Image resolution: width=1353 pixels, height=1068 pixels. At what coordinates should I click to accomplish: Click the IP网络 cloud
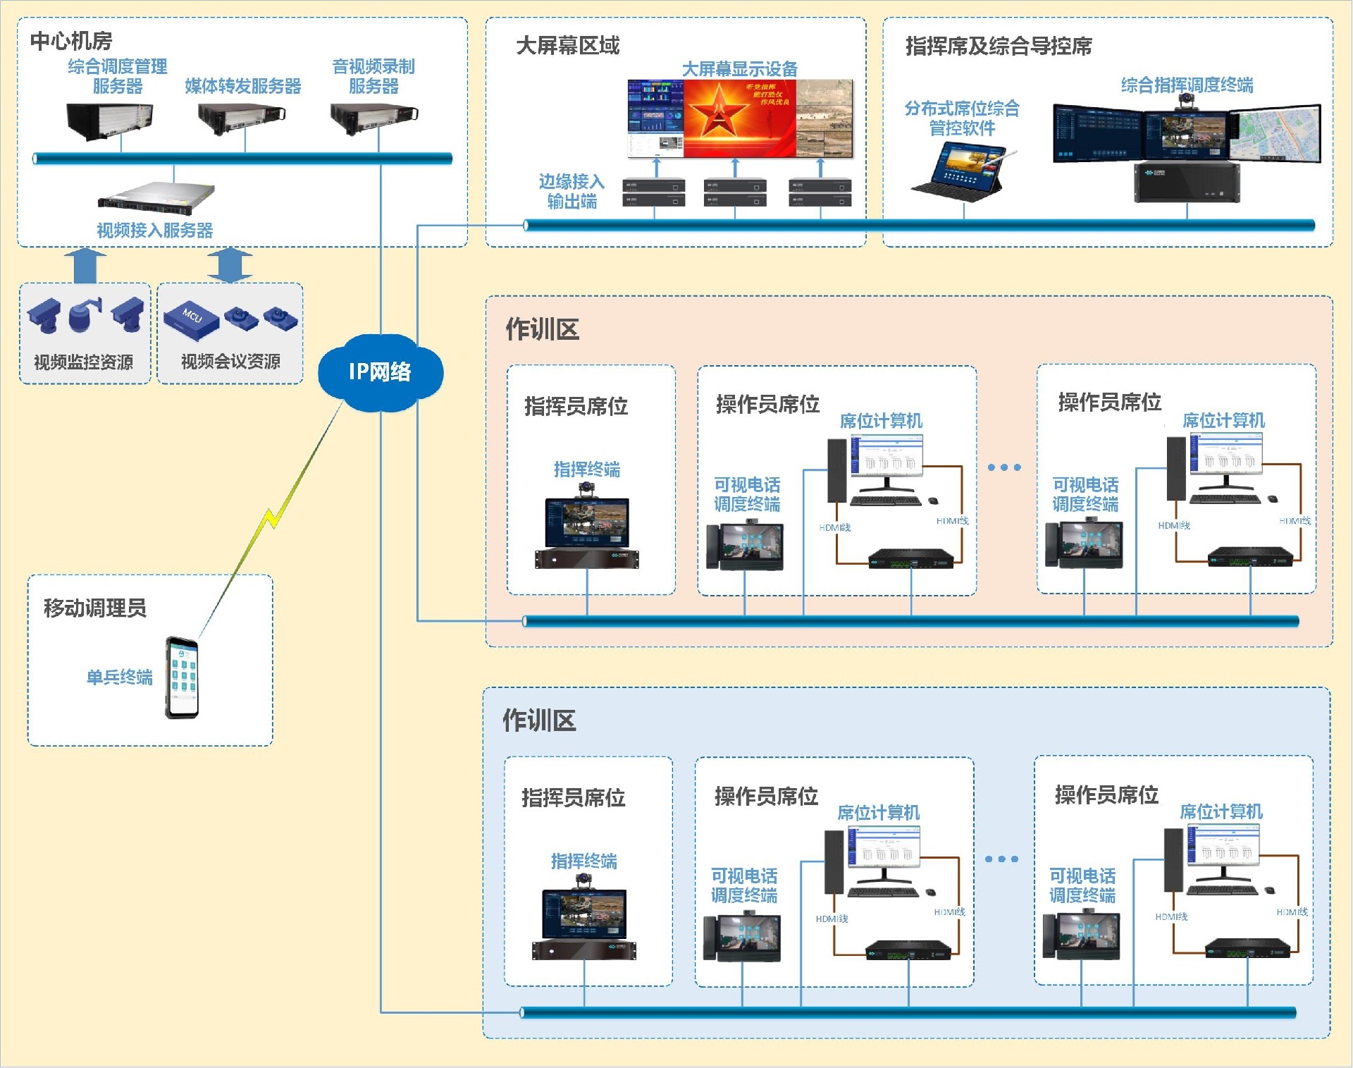[380, 372]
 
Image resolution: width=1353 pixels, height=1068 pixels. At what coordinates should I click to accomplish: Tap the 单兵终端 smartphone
[182, 677]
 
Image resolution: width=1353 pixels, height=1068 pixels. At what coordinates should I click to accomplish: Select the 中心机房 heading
[71, 42]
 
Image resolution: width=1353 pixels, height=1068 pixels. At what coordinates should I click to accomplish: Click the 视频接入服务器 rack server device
[156, 195]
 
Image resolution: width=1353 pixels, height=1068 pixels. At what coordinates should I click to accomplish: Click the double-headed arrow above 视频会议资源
[230, 266]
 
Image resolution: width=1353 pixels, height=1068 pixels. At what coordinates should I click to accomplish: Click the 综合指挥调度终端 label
[1187, 85]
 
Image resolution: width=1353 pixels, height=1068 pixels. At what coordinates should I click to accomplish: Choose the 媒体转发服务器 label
[243, 86]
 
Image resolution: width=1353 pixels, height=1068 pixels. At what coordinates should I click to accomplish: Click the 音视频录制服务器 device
[374, 118]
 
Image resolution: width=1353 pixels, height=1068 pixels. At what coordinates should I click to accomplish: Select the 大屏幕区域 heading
[567, 46]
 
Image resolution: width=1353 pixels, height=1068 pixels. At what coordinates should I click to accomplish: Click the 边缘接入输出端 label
[572, 192]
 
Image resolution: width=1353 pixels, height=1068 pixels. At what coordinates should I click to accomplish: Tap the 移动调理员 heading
[95, 608]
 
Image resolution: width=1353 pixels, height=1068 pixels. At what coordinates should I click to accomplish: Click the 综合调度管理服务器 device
[110, 121]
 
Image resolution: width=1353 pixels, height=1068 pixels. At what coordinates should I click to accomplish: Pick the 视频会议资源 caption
[230, 362]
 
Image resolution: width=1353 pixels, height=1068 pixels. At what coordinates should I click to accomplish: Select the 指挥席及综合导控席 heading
[998, 47]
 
